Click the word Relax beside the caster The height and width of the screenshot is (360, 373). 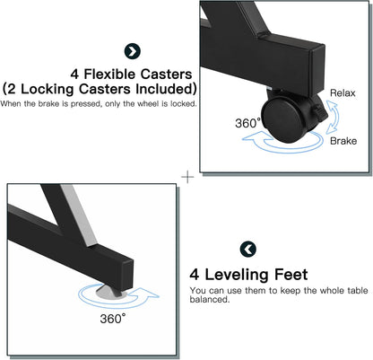(343, 93)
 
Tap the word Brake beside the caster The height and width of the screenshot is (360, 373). (343, 141)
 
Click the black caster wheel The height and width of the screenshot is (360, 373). (282, 120)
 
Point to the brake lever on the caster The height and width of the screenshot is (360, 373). (320, 113)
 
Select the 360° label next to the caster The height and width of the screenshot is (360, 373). (247, 123)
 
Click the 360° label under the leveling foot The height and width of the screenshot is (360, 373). (113, 319)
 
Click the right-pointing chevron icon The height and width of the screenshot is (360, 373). (133, 51)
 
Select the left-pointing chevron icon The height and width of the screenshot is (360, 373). (248, 249)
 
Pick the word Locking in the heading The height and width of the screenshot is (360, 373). (47, 89)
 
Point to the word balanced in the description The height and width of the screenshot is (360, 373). (210, 299)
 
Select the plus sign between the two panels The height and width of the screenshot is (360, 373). (187, 177)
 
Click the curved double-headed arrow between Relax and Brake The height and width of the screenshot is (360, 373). (331, 117)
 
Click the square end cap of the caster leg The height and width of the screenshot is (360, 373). (317, 69)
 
